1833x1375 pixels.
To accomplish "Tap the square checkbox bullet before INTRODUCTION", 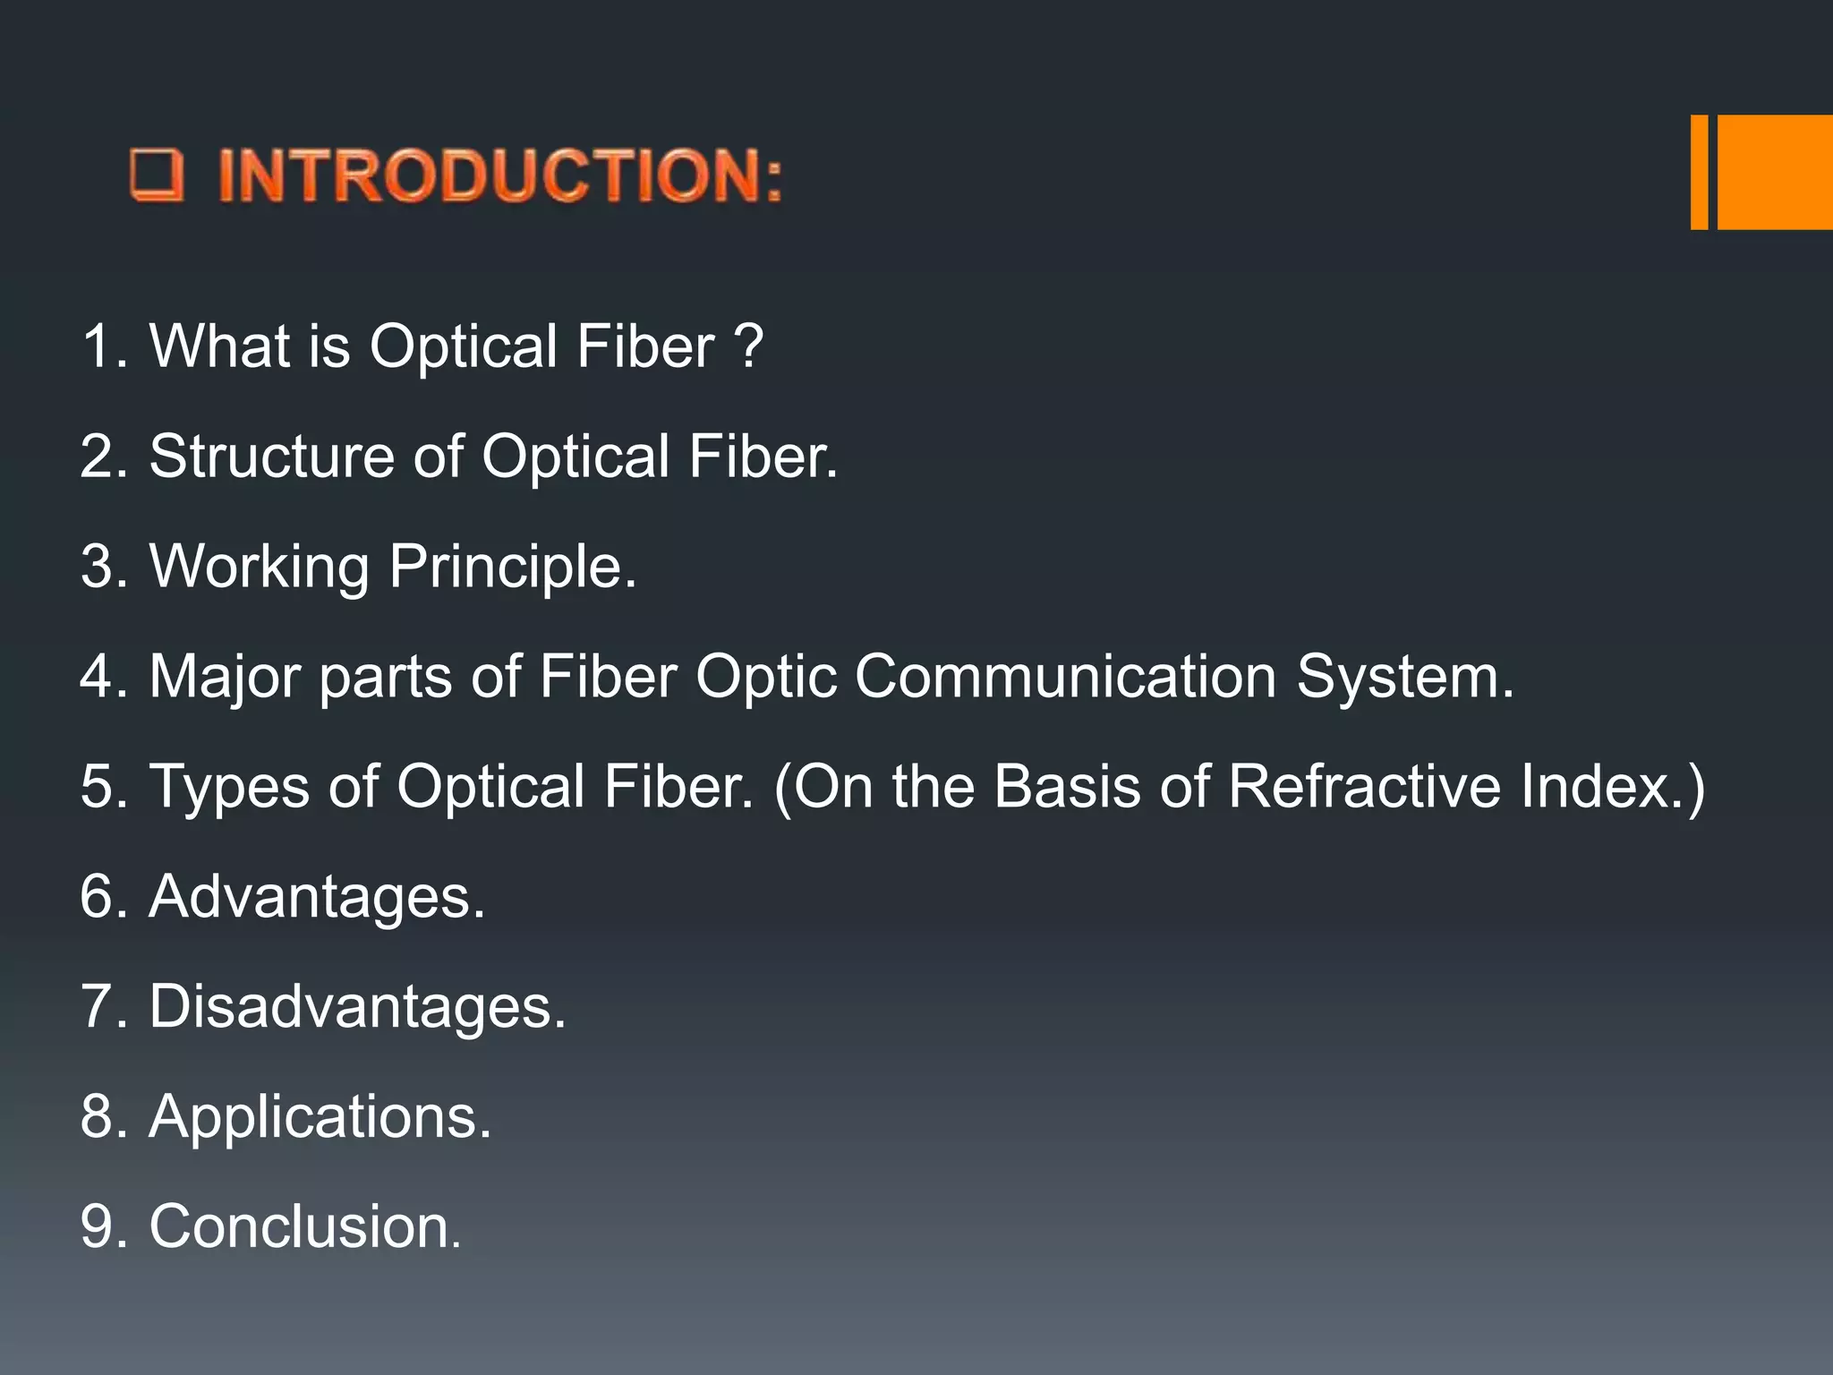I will (x=157, y=175).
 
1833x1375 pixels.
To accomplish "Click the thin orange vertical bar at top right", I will (x=1699, y=172).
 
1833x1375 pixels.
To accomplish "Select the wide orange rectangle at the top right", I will (x=1775, y=172).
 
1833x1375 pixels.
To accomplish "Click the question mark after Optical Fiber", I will (x=748, y=346).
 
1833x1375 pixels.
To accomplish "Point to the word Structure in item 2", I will (x=271, y=457).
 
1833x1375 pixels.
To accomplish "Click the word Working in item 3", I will (x=259, y=567).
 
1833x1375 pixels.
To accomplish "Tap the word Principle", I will (x=512, y=567).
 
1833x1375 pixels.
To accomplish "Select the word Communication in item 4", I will (x=1065, y=676).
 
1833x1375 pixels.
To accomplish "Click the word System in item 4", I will (x=1404, y=676).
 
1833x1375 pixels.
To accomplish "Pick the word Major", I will (x=224, y=676).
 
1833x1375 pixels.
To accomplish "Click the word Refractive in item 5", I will (x=1364, y=786).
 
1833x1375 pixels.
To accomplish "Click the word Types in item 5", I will (x=228, y=786).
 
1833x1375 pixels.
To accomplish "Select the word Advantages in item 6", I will (x=316, y=896).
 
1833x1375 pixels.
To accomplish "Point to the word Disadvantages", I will (x=356, y=1006).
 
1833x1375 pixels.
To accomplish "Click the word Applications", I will (x=320, y=1117).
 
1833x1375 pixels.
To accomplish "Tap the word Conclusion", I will (x=303, y=1226).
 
